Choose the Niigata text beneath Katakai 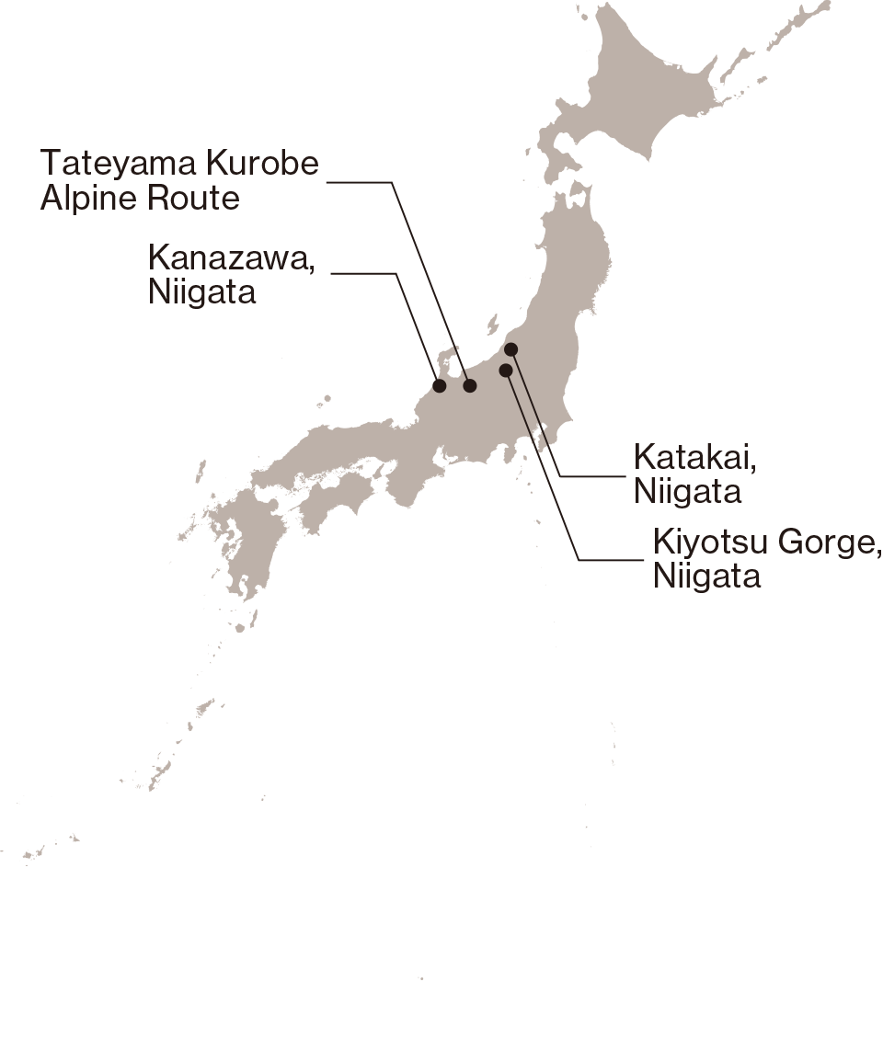point(687,491)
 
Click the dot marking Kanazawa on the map point(440,385)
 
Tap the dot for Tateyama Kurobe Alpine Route point(470,385)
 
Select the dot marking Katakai point(511,349)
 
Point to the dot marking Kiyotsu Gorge point(505,370)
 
